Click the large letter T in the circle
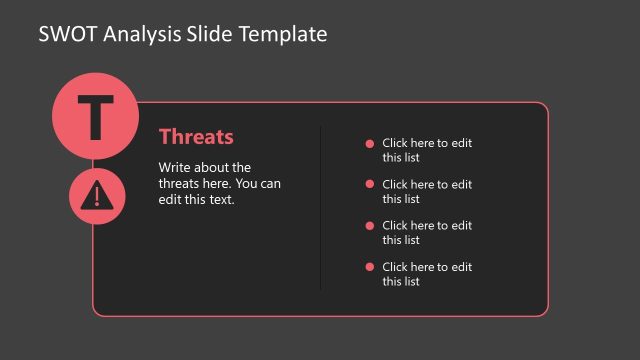pos(95,117)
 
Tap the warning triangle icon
pos(96,194)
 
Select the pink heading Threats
pos(196,137)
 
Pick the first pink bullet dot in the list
pos(370,143)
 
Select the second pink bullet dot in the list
pos(370,184)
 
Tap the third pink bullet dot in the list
pos(370,225)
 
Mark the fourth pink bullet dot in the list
pos(370,266)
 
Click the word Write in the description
pos(176,167)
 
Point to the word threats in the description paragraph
pos(181,183)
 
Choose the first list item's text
pos(427,150)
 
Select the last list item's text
pos(427,274)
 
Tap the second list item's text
pos(427,191)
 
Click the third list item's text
pos(427,232)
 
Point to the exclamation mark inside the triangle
pos(96,196)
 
